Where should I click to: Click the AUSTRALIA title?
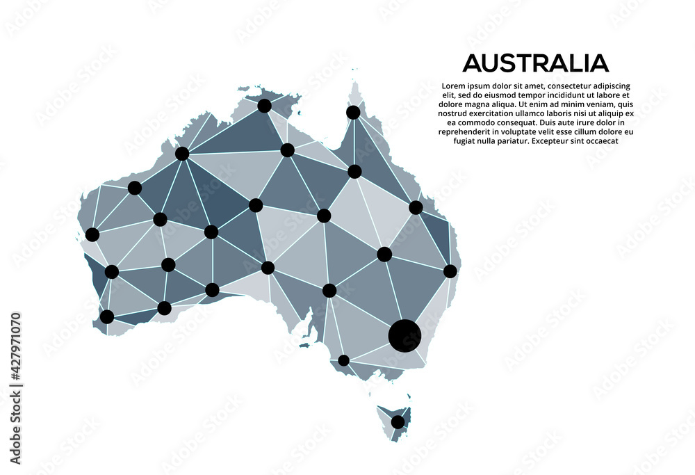[x=535, y=63]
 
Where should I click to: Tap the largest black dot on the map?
[x=404, y=335]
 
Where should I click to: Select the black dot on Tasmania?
[x=398, y=421]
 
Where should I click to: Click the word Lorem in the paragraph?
[x=454, y=86]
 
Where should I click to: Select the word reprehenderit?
[x=469, y=131]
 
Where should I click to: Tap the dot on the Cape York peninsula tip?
[x=353, y=112]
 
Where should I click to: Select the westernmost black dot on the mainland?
[x=92, y=234]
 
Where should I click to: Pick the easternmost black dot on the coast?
[x=450, y=271]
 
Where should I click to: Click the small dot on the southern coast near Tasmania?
[x=343, y=360]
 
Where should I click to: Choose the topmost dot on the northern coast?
[x=264, y=106]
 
